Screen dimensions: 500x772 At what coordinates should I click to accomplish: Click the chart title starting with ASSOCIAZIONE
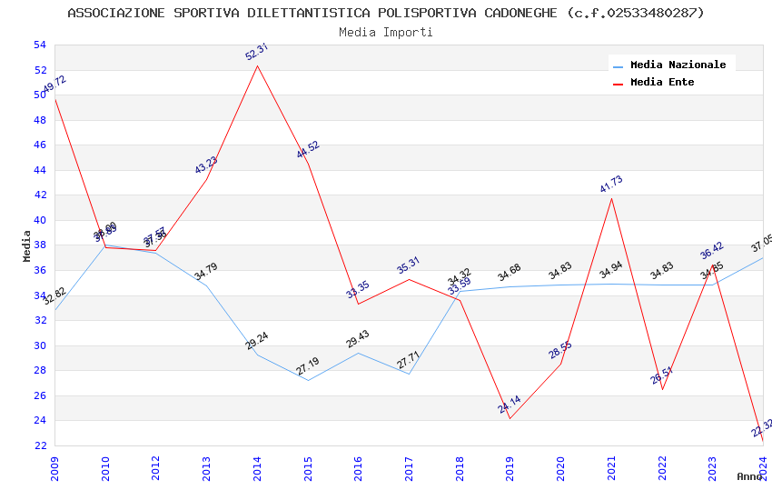[x=386, y=13]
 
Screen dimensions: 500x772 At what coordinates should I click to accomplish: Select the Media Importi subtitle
[x=386, y=32]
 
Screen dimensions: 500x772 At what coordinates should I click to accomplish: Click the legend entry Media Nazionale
[x=678, y=65]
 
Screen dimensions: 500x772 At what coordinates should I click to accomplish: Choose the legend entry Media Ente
[x=662, y=82]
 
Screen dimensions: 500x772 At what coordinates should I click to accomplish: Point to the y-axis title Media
[x=27, y=245]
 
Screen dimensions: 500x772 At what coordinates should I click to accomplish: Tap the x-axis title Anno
[x=749, y=476]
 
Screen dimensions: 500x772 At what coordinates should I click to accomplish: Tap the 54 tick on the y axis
[x=38, y=45]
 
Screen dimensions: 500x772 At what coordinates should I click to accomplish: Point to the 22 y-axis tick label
[x=38, y=445]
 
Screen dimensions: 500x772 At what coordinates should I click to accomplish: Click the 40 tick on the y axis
[x=38, y=220]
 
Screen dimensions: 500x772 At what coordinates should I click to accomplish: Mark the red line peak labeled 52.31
[x=258, y=65]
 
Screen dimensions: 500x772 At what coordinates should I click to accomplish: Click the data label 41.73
[x=611, y=184]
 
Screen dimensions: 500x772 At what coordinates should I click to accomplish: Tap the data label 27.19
[x=308, y=366]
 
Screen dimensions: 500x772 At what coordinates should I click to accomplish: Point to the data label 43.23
[x=206, y=165]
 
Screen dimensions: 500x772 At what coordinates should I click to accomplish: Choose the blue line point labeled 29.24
[x=258, y=354]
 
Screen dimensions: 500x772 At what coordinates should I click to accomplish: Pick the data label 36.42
[x=712, y=250]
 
